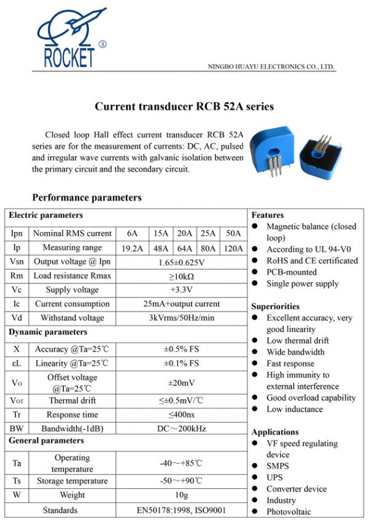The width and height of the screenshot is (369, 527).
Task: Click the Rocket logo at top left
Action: [x=71, y=39]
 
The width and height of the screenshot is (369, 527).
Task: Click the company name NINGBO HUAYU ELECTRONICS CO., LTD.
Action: [x=271, y=66]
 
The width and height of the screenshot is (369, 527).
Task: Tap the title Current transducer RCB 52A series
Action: [x=184, y=107]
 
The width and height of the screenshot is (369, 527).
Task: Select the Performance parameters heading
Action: [x=87, y=198]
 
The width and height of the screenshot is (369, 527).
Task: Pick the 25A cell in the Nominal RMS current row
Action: [x=209, y=233]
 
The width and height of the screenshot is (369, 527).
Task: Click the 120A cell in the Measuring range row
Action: [x=234, y=248]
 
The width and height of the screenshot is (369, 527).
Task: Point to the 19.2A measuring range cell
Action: [x=133, y=248]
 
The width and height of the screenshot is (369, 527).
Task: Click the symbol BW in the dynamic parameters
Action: [x=17, y=428]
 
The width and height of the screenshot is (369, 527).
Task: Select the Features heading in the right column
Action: [x=268, y=215]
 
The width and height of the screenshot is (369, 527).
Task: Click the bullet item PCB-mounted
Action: [x=292, y=272]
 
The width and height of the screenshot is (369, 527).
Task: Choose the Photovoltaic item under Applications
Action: [x=289, y=512]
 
